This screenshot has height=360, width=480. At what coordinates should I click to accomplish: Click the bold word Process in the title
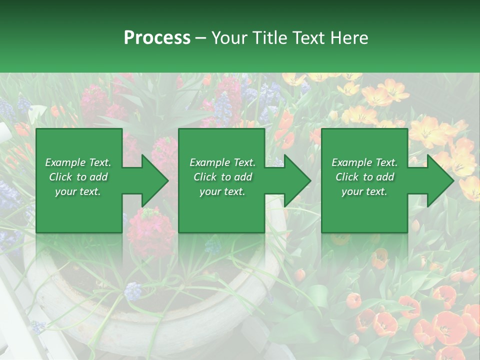click(x=157, y=38)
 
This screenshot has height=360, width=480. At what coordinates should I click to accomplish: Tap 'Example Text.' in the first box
click(x=78, y=162)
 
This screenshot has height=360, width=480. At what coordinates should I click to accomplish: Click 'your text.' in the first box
click(x=78, y=191)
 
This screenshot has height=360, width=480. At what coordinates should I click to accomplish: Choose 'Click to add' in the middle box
click(x=222, y=177)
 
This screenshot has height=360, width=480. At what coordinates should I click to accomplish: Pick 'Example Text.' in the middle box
click(x=222, y=162)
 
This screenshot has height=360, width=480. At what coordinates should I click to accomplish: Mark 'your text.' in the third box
click(x=364, y=191)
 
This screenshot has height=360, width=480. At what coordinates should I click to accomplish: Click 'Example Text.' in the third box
click(x=364, y=162)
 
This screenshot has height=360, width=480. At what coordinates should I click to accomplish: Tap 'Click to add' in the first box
click(x=78, y=177)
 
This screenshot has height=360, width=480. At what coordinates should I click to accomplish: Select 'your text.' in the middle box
click(x=222, y=191)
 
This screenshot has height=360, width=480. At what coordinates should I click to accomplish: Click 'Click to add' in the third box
click(x=364, y=177)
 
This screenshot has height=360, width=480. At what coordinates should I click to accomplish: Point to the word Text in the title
click(x=307, y=38)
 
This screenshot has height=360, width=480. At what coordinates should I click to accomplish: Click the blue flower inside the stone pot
click(x=133, y=290)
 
